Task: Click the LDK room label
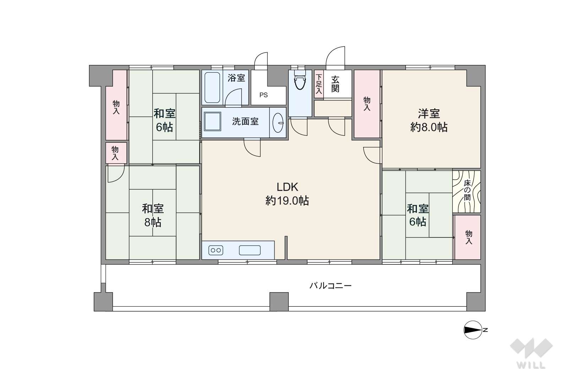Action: point(287,193)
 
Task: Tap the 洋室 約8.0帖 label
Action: point(429,120)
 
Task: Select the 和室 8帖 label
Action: point(153,215)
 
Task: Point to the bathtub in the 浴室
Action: point(213,87)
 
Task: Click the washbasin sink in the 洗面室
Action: point(278,122)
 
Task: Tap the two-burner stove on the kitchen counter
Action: point(216,250)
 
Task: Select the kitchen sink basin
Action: point(250,250)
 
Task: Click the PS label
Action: point(263,95)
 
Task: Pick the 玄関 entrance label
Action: point(335,84)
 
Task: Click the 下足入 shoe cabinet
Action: point(319,84)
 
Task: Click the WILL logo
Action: point(531,353)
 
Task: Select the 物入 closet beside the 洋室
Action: point(367,104)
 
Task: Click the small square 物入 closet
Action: point(115,153)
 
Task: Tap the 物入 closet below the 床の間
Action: point(468,237)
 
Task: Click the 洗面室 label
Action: point(245,122)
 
